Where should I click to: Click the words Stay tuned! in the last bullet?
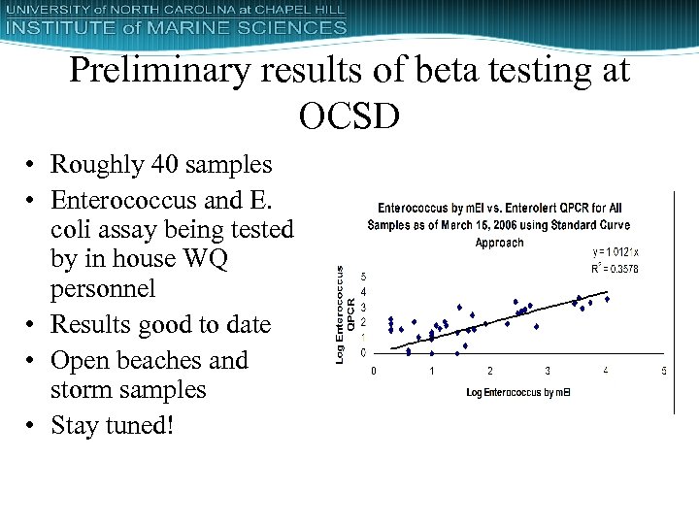(x=112, y=424)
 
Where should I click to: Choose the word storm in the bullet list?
(x=83, y=389)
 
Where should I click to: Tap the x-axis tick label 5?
(x=664, y=371)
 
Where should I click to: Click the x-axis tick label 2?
(x=490, y=371)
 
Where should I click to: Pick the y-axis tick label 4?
(x=363, y=291)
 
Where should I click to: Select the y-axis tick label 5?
(x=363, y=276)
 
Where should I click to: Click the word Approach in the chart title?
(x=499, y=243)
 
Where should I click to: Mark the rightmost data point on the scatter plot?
(x=608, y=299)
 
